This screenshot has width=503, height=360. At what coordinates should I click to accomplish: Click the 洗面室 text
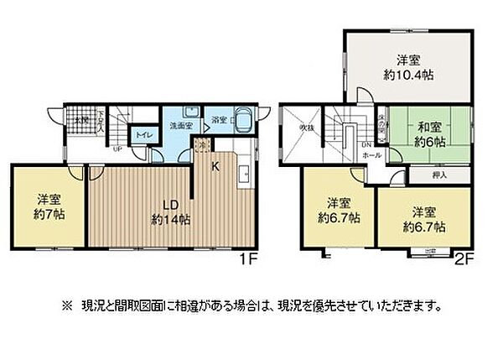click(x=179, y=126)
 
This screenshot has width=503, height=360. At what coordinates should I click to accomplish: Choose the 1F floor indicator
click(x=247, y=261)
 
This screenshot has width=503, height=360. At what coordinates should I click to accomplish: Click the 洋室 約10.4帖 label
click(x=407, y=67)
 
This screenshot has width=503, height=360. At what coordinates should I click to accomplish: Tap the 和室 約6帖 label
click(x=431, y=134)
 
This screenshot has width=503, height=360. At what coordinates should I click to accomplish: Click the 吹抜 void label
click(x=307, y=128)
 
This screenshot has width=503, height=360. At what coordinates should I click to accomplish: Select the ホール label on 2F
click(x=372, y=155)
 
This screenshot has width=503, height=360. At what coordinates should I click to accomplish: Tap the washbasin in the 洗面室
click(x=190, y=111)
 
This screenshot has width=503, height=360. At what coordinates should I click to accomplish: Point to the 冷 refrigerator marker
click(x=201, y=144)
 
